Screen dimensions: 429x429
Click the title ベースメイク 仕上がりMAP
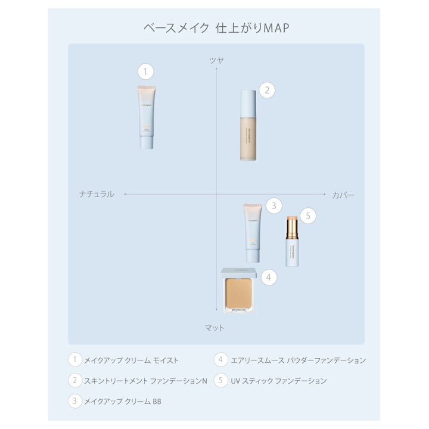pyautogui.click(x=216, y=28)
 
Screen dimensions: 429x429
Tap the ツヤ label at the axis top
pyautogui.click(x=216, y=60)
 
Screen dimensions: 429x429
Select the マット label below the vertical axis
pyautogui.click(x=214, y=328)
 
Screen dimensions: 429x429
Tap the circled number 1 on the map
pyautogui.click(x=146, y=72)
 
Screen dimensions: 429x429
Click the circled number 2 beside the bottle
pyautogui.click(x=268, y=90)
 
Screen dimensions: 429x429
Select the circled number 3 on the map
pyautogui.click(x=273, y=206)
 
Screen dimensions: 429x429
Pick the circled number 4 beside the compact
pyautogui.click(x=269, y=277)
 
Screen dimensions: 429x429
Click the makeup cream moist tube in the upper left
pyautogui.click(x=147, y=116)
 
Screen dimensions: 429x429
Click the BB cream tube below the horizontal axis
pyautogui.click(x=253, y=233)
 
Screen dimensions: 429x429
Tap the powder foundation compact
pyautogui.click(x=238, y=290)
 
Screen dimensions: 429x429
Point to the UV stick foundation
pyautogui.click(x=292, y=241)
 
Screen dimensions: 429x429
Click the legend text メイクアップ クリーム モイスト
pyautogui.click(x=131, y=360)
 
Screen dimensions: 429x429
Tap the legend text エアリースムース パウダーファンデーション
pyautogui.click(x=298, y=360)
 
